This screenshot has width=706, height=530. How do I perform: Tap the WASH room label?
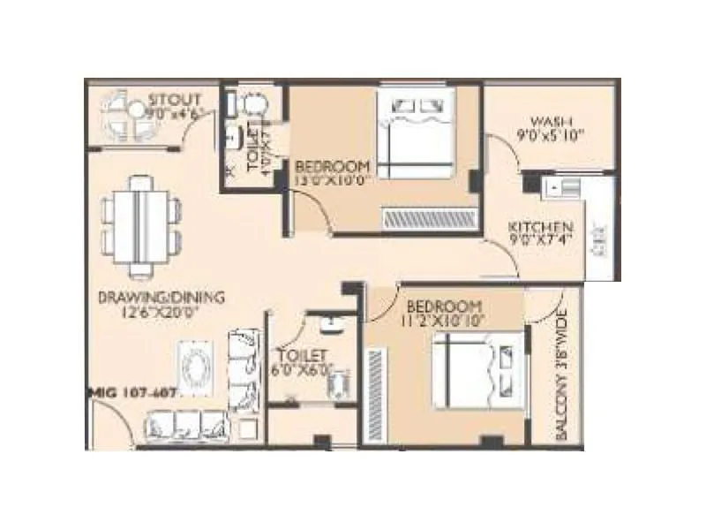click(552, 121)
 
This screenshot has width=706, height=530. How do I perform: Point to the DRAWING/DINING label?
click(161, 298)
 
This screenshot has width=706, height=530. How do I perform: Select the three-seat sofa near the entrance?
click(187, 427)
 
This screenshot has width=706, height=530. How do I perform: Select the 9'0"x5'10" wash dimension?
click(552, 136)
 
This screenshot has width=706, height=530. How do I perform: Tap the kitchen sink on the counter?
click(563, 186)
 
